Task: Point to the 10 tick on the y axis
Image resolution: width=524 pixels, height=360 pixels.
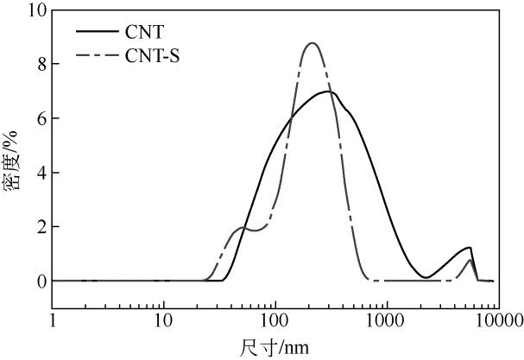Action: tap(34, 10)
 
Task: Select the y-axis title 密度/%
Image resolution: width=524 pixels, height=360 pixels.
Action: tap(14, 161)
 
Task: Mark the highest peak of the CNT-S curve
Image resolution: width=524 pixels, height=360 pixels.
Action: tap(312, 43)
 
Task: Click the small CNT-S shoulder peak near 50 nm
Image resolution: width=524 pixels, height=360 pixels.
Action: tap(243, 228)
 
